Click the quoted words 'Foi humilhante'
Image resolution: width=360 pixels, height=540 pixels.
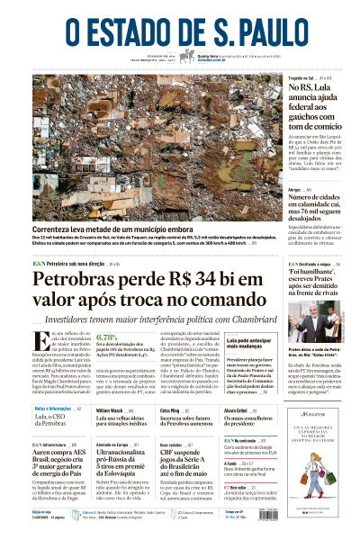[310, 267]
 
